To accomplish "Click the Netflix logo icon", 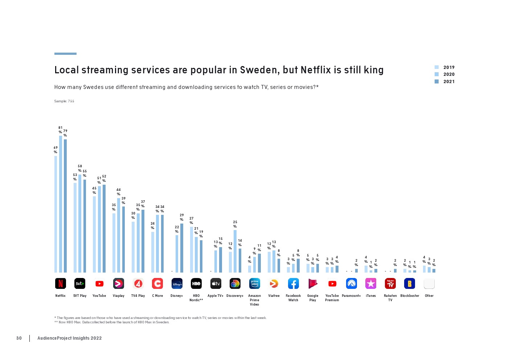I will pyautogui.click(x=61, y=283).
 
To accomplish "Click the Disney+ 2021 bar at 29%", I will pyautogui.click(x=182, y=248).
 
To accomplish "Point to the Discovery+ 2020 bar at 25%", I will pyautogui.click(x=235, y=251).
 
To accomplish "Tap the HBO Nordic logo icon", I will pyautogui.click(x=196, y=283).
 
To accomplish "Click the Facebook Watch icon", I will pyautogui.click(x=293, y=283).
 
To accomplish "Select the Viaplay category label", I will pyautogui.click(x=119, y=296).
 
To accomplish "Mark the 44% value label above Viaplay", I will pyautogui.click(x=119, y=192).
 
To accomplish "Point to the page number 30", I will pyautogui.click(x=19, y=338).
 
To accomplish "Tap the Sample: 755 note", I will pyautogui.click(x=64, y=101).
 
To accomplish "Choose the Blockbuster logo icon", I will pyautogui.click(x=410, y=283).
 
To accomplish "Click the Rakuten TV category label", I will pyautogui.click(x=390, y=298).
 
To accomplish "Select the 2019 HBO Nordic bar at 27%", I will pyautogui.click(x=192, y=250).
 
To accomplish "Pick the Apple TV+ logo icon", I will pyautogui.click(x=215, y=283).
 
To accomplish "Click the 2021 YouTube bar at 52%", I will pyautogui.click(x=104, y=229).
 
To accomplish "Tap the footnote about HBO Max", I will pyautogui.click(x=112, y=322).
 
